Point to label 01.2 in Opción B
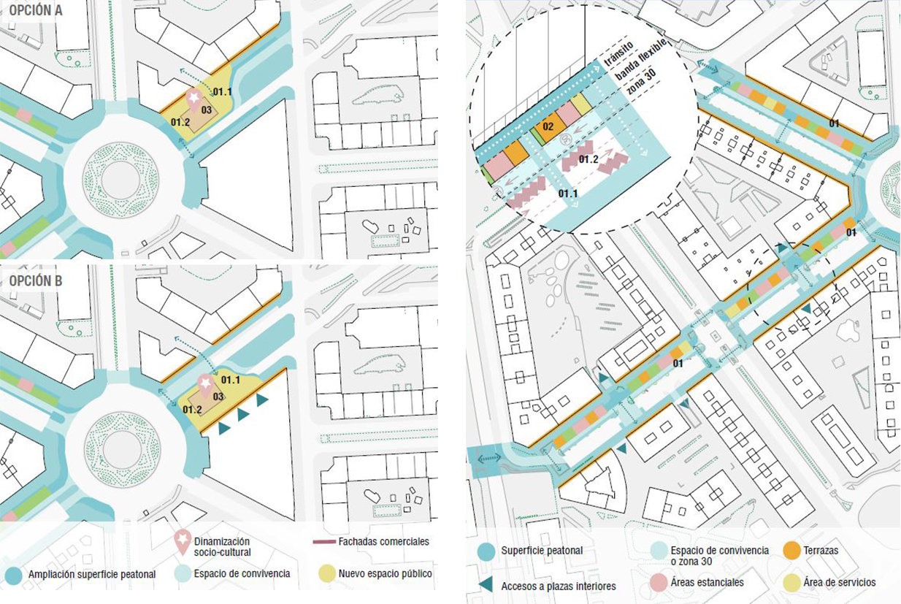(192, 409)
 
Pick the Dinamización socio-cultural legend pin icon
(183, 541)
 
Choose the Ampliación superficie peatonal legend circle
(13, 575)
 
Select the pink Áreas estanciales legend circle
(659, 582)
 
